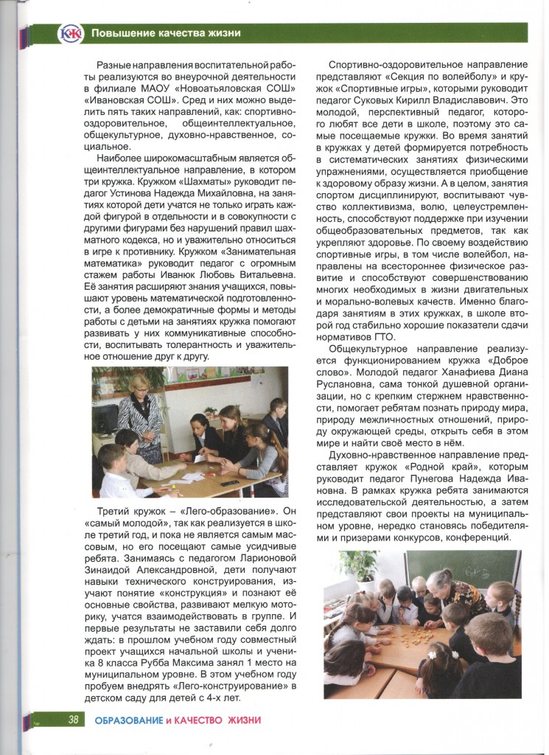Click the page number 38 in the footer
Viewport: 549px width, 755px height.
73,720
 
